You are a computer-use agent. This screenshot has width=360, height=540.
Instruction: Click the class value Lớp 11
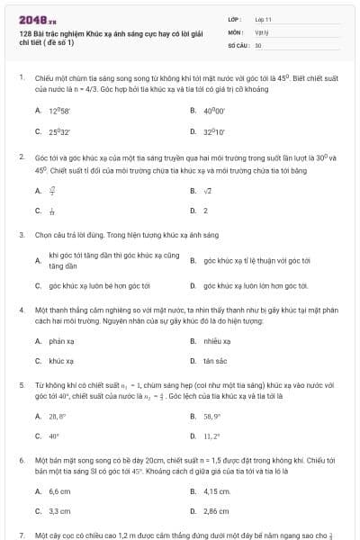click(264, 19)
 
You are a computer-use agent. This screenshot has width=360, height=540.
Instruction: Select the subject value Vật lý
click(261, 31)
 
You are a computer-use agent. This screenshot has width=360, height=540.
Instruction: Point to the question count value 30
click(258, 44)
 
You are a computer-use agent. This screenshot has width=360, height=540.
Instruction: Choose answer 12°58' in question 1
click(58, 110)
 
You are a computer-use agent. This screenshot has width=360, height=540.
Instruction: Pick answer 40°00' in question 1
click(213, 110)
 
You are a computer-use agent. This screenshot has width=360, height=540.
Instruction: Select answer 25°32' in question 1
click(59, 130)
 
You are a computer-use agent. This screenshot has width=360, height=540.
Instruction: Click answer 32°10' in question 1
click(213, 130)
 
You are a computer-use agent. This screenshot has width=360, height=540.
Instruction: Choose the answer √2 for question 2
click(208, 191)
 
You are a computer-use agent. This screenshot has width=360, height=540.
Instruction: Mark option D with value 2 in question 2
click(205, 211)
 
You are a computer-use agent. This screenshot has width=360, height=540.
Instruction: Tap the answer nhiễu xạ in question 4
click(217, 341)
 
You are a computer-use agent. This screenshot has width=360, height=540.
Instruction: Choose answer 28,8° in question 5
click(58, 417)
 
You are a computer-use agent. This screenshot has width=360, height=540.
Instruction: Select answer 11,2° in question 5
click(212, 436)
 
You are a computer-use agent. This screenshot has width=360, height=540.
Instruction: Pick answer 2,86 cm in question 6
click(217, 511)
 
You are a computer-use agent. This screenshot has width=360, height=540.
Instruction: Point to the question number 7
click(21, 535)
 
